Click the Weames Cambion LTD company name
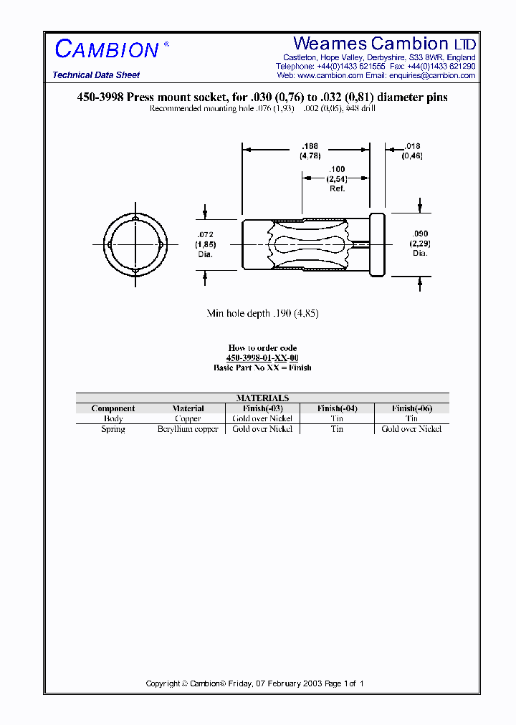(x=384, y=43)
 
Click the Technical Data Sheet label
(x=96, y=75)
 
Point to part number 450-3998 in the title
(x=100, y=98)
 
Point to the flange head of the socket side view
(x=377, y=244)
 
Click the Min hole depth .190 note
(x=262, y=313)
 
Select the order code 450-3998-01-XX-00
(x=262, y=357)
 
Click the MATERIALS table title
(x=262, y=398)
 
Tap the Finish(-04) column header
(x=337, y=408)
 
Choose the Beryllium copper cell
(x=188, y=428)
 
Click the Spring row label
(x=113, y=428)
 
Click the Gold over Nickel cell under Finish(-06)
(x=411, y=428)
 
